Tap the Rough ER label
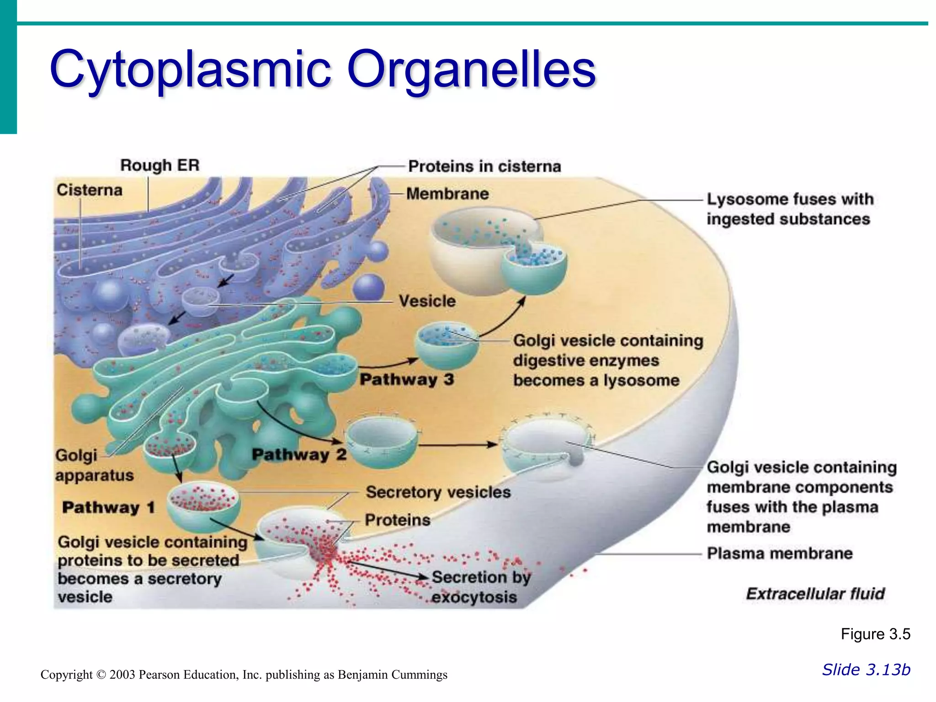coord(160,165)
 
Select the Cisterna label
coord(90,190)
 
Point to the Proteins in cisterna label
coord(484,166)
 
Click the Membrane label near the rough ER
coord(447,194)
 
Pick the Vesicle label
coord(427,301)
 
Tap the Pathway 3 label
coord(407,379)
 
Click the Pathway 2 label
coord(299,454)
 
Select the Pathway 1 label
coord(109,507)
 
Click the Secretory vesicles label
coord(438,492)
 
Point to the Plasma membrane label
coord(780,553)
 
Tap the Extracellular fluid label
coord(815,594)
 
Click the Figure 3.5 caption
coord(875,634)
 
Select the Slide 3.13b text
coord(866,670)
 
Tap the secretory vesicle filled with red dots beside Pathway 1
coord(202,505)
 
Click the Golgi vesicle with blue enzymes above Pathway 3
coord(446,345)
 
